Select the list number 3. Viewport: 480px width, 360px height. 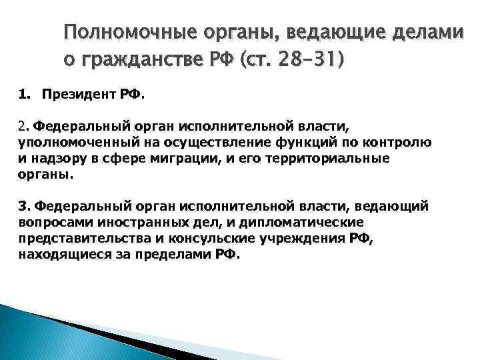(x=23, y=207)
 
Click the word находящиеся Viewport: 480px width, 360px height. (x=58, y=255)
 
